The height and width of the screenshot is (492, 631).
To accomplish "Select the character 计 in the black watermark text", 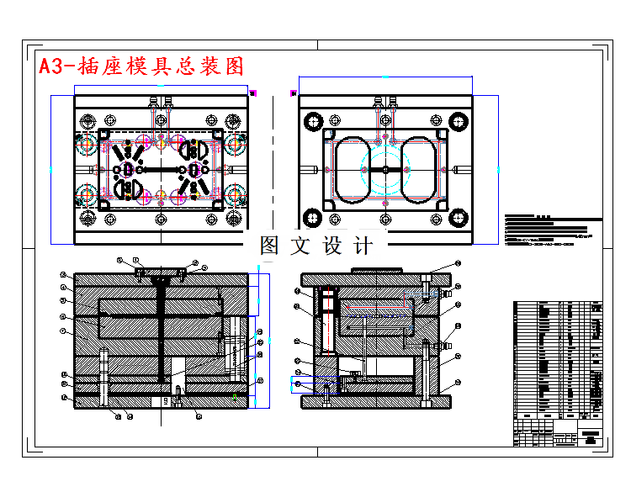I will (x=363, y=246).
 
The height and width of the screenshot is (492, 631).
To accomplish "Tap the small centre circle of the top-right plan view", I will (x=385, y=169).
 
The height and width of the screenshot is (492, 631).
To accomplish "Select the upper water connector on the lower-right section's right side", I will (x=444, y=294).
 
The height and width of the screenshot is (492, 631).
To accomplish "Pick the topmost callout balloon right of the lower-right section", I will (x=459, y=264).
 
